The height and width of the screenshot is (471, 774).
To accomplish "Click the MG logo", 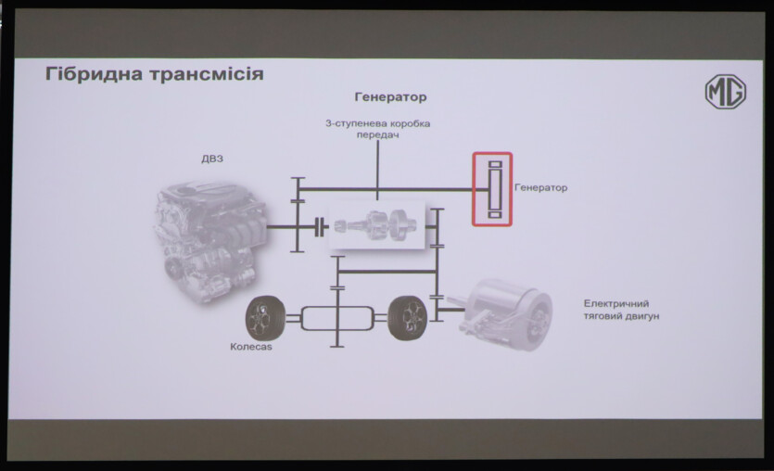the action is [725, 92].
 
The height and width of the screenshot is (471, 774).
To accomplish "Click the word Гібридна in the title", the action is [95, 74].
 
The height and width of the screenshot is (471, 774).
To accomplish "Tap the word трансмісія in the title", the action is [206, 74].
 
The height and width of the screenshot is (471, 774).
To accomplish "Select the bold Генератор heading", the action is [390, 96].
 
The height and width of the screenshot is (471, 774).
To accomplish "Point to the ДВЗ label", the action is [212, 159].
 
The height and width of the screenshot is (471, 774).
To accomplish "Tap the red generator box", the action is [492, 189].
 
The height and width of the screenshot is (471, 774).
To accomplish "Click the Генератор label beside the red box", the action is [541, 187].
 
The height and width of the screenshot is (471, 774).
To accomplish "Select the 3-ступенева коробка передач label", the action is [377, 129].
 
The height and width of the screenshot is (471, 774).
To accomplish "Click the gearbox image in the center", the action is [377, 225].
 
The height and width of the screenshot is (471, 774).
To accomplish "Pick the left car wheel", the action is [265, 318].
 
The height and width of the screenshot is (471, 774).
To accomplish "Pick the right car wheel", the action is [407, 318].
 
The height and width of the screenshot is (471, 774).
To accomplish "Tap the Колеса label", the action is [251, 347].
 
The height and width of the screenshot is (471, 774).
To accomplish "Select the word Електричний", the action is [616, 303].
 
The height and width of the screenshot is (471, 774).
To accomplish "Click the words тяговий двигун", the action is [621, 316].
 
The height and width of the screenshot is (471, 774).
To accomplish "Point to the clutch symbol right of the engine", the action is [321, 227].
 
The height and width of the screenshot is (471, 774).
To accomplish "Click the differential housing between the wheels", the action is [337, 318].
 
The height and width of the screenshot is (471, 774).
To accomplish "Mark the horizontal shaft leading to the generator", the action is [386, 189].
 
